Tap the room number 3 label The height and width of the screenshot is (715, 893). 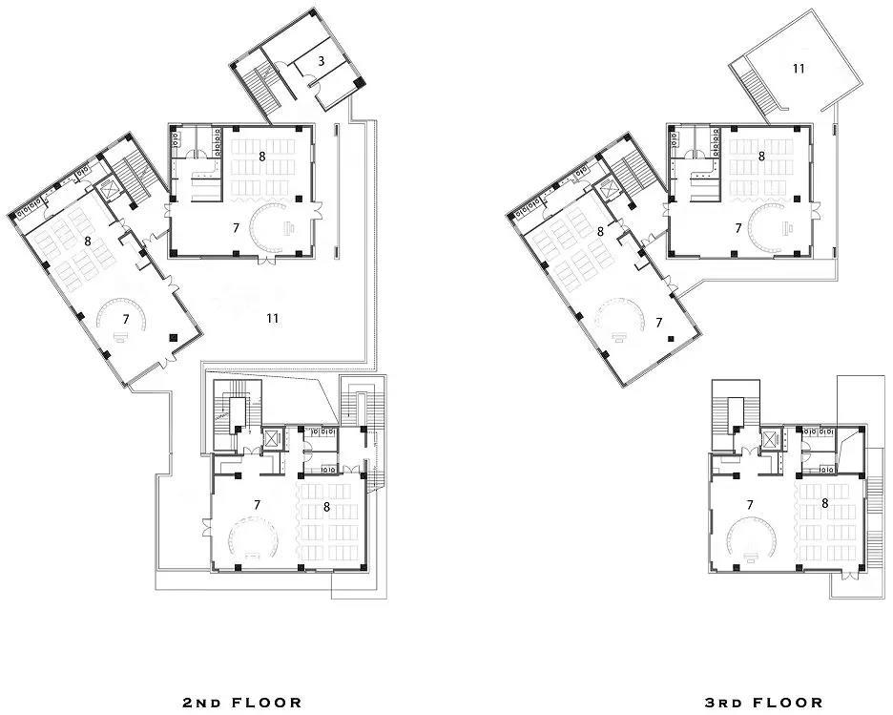322,61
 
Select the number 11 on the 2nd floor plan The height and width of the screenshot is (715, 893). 272,318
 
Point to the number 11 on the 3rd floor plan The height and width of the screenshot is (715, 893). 799,69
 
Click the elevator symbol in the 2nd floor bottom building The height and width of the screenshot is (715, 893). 273,439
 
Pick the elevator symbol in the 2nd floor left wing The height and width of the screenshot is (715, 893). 107,189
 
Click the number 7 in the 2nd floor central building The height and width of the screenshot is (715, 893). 236,228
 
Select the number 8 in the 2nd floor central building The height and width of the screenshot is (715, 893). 262,157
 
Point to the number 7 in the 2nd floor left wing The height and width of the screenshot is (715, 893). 126,319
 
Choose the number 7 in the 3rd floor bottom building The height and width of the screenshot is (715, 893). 750,505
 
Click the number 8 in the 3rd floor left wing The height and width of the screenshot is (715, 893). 600,231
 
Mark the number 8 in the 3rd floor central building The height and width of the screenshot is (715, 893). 761,157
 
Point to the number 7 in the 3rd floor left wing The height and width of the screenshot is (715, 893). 659,323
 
